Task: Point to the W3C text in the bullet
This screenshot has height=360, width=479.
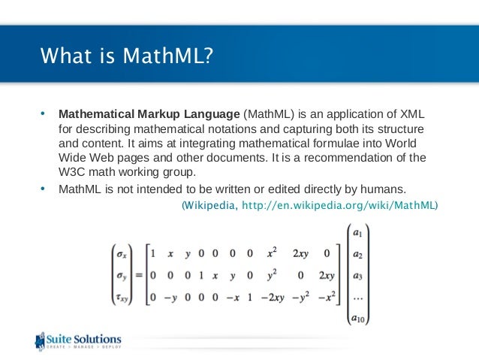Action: tap(72, 172)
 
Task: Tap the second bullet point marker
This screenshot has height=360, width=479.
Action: tap(43, 187)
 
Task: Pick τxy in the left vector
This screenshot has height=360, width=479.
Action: tap(121, 300)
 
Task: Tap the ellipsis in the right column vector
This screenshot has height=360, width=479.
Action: tap(359, 298)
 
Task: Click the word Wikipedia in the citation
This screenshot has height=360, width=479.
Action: tap(210, 204)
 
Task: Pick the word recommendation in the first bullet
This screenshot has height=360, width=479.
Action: tap(363, 158)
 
